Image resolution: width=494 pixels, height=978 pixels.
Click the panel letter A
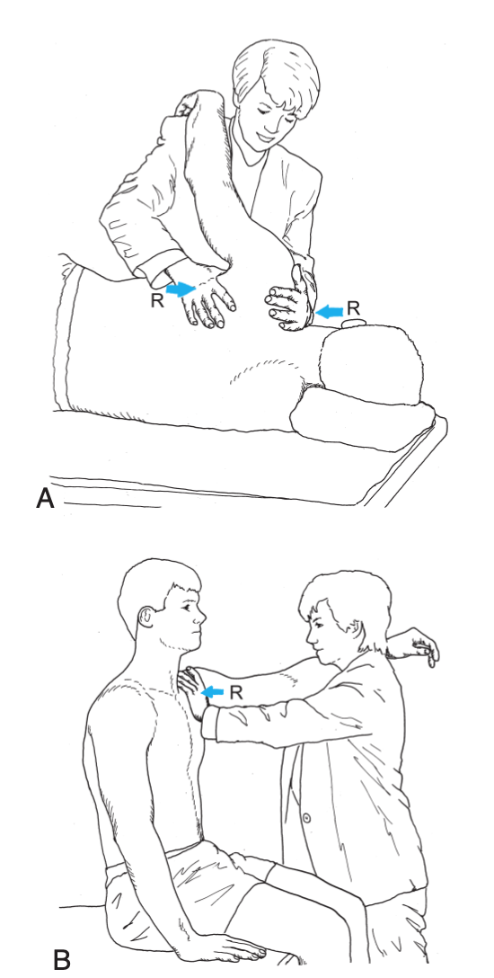pos(45,498)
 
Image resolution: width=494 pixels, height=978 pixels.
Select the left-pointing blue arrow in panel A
pos(330,310)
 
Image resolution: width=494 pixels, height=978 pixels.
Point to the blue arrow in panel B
pos(213,691)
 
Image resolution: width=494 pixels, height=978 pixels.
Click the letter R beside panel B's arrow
pos(235,691)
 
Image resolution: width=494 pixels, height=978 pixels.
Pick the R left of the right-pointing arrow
pos(157,300)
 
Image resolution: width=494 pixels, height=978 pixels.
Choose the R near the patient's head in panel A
pos(353,307)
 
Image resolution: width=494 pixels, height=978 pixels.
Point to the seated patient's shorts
pos(187,885)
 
